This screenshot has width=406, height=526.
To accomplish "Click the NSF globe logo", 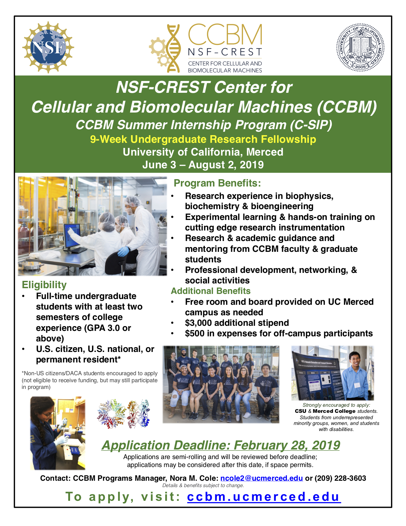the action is [x=48, y=47].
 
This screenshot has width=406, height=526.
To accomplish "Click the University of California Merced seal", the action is [x=360, y=47].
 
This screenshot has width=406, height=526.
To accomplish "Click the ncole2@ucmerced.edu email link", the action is [x=261, y=478].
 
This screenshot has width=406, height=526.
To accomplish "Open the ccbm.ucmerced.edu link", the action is [x=264, y=497].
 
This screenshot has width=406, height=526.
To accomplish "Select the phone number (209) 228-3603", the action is [x=340, y=478].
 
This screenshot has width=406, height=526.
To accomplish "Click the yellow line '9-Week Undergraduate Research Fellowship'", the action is [x=203, y=139].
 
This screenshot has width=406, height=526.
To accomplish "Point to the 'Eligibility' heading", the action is [x=44, y=285].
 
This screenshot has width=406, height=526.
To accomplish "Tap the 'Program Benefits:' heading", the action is [x=217, y=183].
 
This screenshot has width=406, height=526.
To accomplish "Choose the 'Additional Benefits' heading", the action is [x=210, y=291].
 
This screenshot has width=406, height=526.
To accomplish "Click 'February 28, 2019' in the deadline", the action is [x=287, y=445].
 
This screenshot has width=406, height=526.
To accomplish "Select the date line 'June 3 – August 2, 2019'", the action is [x=203, y=164].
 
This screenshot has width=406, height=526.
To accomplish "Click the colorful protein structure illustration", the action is [x=123, y=414].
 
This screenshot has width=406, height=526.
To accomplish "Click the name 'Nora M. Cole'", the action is [x=194, y=478].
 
